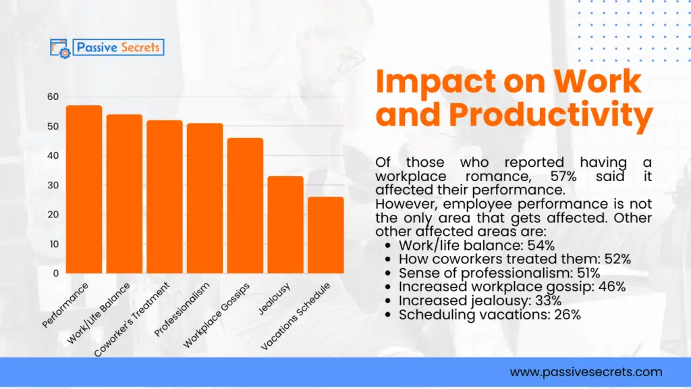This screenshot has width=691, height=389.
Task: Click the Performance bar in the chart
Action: click(x=84, y=189)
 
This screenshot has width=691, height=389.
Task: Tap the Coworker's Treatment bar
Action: click(x=165, y=197)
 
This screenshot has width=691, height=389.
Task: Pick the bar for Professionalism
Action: click(x=205, y=198)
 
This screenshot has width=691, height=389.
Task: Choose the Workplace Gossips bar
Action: click(x=245, y=205)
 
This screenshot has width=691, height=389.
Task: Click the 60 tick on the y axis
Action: click(x=53, y=97)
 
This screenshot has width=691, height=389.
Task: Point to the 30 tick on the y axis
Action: click(x=53, y=185)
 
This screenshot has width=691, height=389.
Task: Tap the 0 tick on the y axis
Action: click(x=55, y=274)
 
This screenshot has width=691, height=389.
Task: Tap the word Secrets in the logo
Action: click(x=138, y=47)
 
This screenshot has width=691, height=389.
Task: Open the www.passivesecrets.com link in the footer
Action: click(x=586, y=372)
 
